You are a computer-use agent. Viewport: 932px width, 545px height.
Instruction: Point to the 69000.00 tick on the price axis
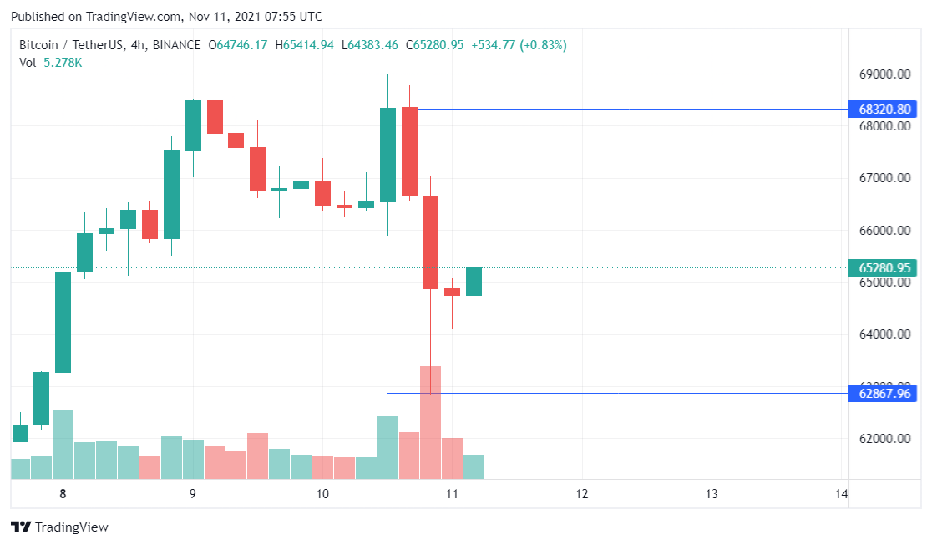click(x=884, y=74)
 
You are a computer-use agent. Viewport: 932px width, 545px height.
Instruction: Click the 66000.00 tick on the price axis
click(x=884, y=231)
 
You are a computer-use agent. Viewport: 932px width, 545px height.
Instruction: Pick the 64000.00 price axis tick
click(x=884, y=334)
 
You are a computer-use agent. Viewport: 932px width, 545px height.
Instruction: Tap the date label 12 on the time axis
click(x=581, y=494)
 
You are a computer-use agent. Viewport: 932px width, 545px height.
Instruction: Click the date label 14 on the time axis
click(x=841, y=494)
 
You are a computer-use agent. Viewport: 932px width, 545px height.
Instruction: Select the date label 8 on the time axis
click(x=63, y=494)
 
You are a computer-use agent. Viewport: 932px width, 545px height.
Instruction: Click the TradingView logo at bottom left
click(x=59, y=527)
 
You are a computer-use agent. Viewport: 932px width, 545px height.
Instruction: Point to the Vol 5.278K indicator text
click(x=50, y=63)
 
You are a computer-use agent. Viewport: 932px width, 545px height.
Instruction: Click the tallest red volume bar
click(x=430, y=422)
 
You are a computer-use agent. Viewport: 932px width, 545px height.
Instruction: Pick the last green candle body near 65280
click(x=474, y=282)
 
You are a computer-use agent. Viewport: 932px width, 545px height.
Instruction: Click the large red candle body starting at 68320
click(x=409, y=151)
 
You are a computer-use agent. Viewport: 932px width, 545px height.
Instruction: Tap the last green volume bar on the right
click(x=474, y=466)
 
